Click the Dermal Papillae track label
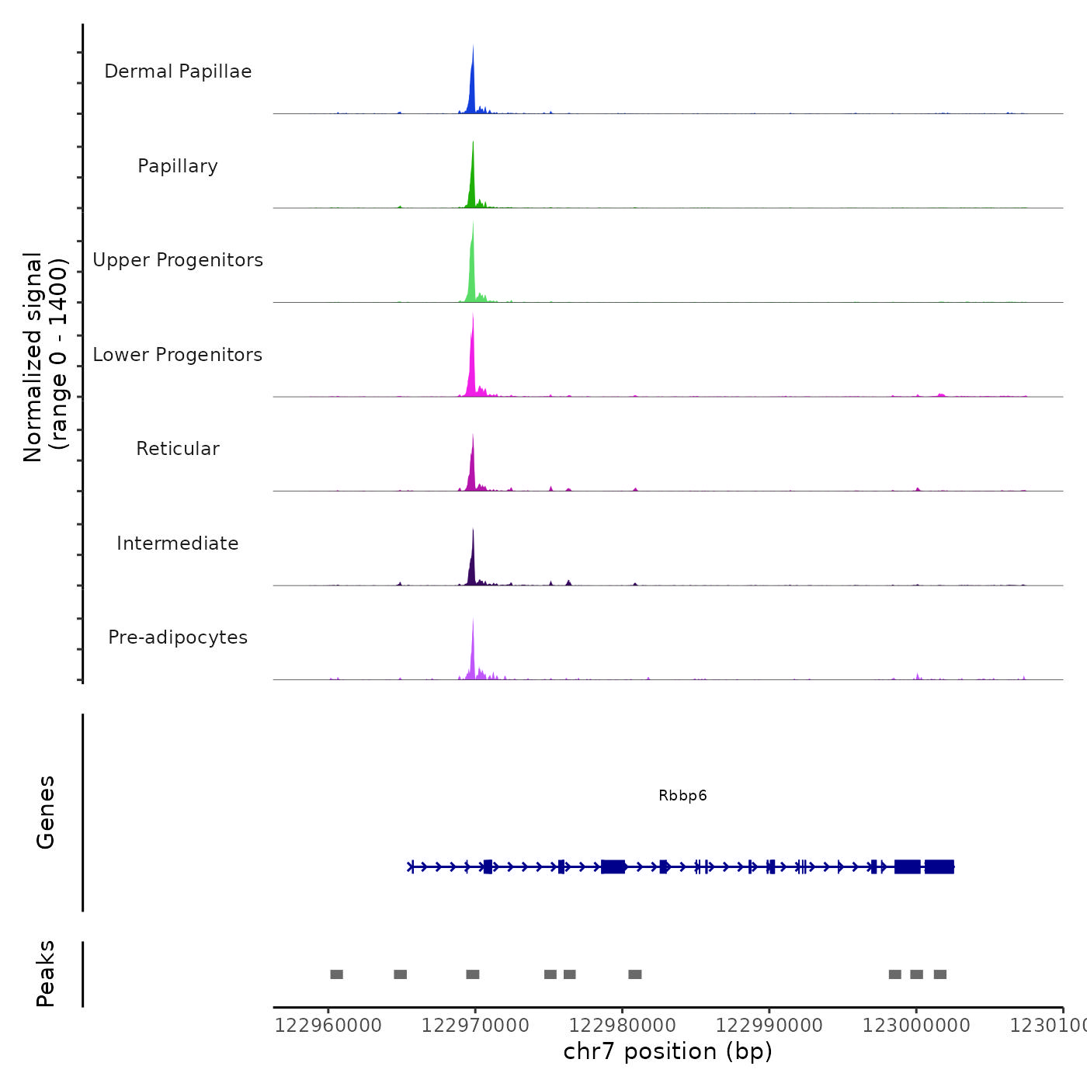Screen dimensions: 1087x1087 click(x=178, y=71)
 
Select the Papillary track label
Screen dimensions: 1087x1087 click(x=178, y=166)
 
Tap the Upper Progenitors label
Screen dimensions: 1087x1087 click(x=178, y=260)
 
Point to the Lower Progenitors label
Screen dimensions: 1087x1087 click(x=178, y=355)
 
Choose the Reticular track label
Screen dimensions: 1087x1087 click(x=178, y=449)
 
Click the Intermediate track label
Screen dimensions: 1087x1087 click(x=178, y=543)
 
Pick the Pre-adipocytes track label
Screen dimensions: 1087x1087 click(x=178, y=637)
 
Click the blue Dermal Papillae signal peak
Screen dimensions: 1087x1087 click(x=472, y=85)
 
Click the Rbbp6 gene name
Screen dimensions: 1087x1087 click(x=682, y=796)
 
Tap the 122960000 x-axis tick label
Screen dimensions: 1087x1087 click(x=328, y=1026)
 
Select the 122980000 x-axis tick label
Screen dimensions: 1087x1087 click(x=622, y=1026)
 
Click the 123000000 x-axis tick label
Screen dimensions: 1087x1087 click(x=916, y=1026)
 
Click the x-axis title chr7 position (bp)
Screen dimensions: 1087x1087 click(x=668, y=1052)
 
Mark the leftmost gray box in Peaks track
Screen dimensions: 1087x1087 click(x=336, y=974)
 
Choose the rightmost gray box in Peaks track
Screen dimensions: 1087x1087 click(x=940, y=974)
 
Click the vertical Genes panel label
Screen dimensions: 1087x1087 click(x=46, y=812)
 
